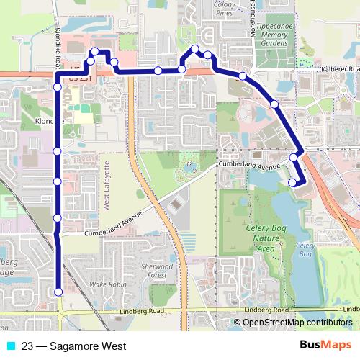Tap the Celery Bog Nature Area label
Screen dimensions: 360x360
(x=257, y=237)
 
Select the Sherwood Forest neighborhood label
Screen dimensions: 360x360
(x=157, y=270)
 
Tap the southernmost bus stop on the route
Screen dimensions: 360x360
(x=58, y=292)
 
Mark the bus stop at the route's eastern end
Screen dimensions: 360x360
(x=292, y=183)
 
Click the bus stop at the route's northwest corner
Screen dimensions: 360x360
(x=94, y=53)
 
